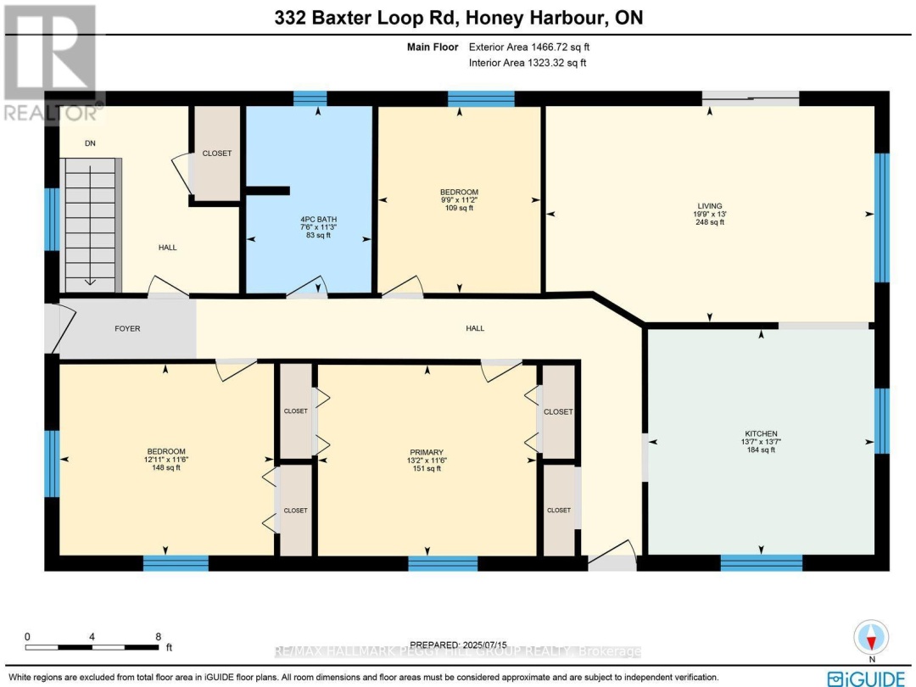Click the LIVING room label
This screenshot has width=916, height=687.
pos(709,206)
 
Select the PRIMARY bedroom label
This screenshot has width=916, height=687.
pos(427,452)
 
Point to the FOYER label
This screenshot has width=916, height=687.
pos(127,328)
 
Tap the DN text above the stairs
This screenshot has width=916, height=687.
pos(90,143)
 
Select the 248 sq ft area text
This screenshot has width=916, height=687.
pos(709,223)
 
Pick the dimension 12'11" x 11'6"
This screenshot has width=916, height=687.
pos(165,460)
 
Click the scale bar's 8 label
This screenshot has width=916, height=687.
pos(158,635)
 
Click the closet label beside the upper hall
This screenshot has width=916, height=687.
pos(216,154)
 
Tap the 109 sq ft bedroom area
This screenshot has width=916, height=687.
pos(459,209)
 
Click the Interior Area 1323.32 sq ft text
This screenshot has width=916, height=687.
pos(527,63)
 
